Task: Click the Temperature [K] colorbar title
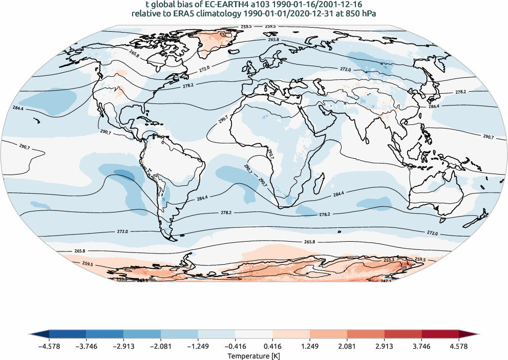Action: point(254,355)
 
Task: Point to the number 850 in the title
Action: point(348,14)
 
